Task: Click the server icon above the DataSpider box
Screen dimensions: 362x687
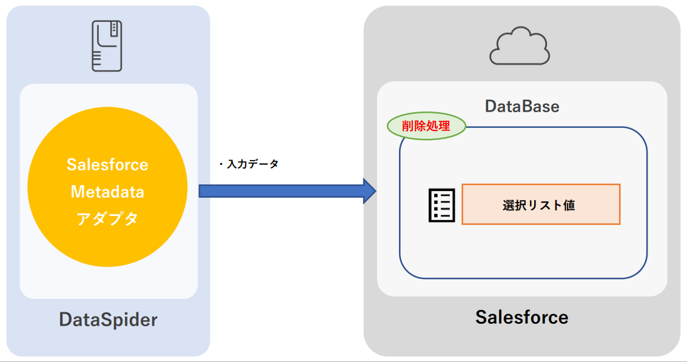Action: (106, 46)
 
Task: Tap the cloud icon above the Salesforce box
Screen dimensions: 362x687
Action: (520, 46)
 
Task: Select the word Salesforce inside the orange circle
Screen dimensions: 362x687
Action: (107, 165)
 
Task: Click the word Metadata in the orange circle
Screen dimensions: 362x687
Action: (107, 192)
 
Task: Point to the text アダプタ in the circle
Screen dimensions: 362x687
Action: (107, 218)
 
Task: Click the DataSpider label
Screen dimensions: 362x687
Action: (108, 320)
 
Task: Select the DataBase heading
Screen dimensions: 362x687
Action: (521, 107)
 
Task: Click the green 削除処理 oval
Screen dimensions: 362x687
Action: (426, 127)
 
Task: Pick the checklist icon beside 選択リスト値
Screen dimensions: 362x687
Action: (441, 205)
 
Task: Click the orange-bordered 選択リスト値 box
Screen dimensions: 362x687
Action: (540, 204)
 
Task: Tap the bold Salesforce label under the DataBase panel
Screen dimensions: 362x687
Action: (521, 317)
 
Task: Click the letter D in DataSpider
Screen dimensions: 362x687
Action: (65, 320)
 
